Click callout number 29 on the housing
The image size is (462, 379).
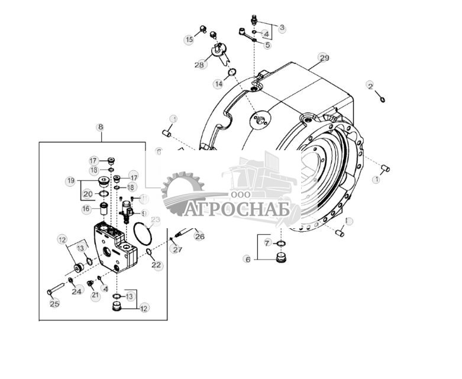coord(324,57)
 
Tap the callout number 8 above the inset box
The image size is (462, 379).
coord(100,127)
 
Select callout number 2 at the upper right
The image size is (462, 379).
coord(370,86)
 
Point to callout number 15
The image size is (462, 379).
coord(189,40)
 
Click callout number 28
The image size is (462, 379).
coord(199,64)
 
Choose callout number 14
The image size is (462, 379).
coord(218,84)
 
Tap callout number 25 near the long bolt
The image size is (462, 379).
coord(54,304)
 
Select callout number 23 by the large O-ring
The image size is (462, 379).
coord(156,220)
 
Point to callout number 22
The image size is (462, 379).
coord(156,265)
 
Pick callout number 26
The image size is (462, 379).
coord(199,237)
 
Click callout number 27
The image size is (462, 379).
coord(176,250)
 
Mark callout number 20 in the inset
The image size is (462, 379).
coord(87,193)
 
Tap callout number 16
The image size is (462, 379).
coord(86,209)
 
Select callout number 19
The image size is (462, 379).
coord(70,180)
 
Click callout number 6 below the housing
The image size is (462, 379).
coord(248,259)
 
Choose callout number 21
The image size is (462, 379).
coord(95,295)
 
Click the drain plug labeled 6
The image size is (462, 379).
coord(282,258)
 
